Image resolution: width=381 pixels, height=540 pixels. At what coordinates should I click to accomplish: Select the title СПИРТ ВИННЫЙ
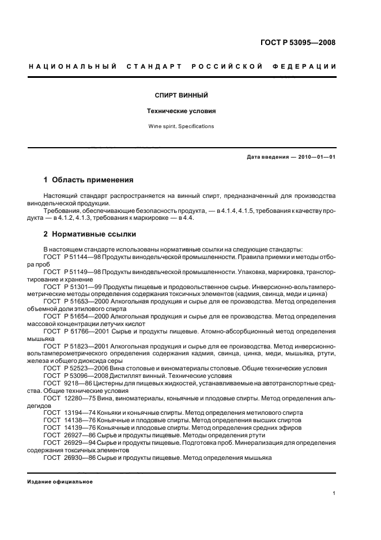click(181, 94)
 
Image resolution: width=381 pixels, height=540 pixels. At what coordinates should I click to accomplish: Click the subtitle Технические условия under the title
click(181, 111)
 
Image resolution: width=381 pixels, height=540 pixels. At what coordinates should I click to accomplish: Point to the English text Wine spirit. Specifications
click(181, 126)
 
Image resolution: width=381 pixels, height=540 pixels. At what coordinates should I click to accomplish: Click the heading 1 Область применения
click(88, 180)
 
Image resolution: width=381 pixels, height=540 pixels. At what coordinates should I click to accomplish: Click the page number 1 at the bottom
click(334, 493)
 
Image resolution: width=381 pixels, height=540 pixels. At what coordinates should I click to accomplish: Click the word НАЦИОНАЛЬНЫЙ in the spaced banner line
click(73, 67)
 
